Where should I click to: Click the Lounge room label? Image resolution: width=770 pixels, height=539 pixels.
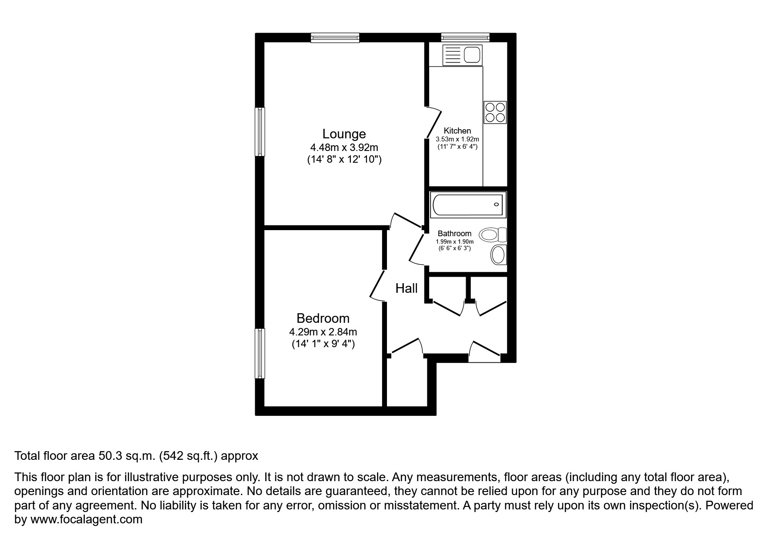pyautogui.click(x=344, y=134)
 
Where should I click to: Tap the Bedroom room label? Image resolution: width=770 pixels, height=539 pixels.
pyautogui.click(x=323, y=318)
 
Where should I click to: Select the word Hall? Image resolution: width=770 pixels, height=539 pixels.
pyautogui.click(x=406, y=288)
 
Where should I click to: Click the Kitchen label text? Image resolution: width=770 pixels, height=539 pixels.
pyautogui.click(x=457, y=131)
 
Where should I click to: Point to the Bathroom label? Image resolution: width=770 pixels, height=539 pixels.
pyautogui.click(x=454, y=234)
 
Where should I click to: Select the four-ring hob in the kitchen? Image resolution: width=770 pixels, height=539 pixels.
pyautogui.click(x=495, y=112)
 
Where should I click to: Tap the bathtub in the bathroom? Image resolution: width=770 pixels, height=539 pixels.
pyautogui.click(x=467, y=204)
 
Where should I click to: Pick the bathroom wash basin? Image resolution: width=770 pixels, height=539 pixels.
pyautogui.click(x=499, y=254)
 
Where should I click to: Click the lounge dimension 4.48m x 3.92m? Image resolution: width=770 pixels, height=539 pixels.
pyautogui.click(x=344, y=147)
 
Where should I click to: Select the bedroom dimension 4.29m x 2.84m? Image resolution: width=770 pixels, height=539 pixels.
pyautogui.click(x=323, y=332)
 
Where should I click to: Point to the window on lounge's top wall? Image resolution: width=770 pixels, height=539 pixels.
pyautogui.click(x=335, y=38)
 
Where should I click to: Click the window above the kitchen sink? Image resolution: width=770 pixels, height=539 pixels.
pyautogui.click(x=465, y=38)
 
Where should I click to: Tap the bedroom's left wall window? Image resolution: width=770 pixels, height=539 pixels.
pyautogui.click(x=260, y=353)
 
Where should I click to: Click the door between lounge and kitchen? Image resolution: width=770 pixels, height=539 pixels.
pyautogui.click(x=433, y=123)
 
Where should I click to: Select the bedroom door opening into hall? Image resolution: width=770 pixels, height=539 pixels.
pyautogui.click(x=377, y=285)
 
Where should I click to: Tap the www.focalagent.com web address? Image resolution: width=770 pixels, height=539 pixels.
pyautogui.click(x=86, y=519)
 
